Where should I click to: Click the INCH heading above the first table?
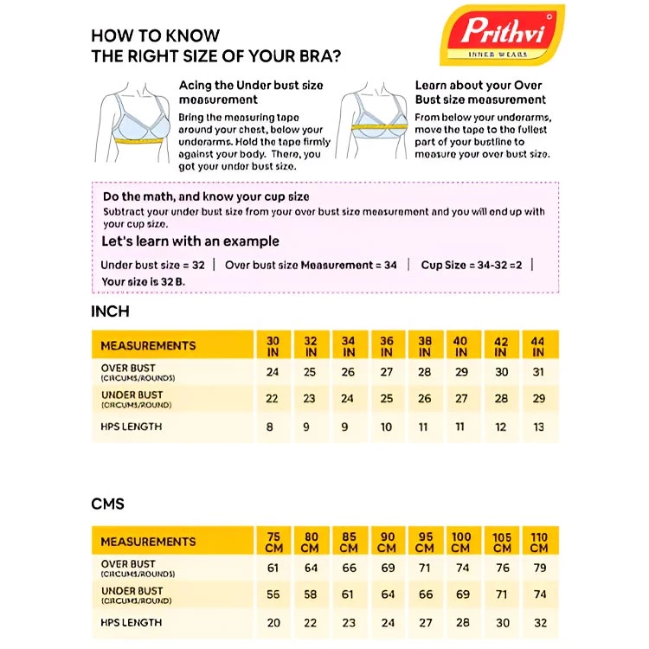[110, 312]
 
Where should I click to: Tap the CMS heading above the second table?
[108, 504]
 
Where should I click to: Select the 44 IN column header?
[538, 346]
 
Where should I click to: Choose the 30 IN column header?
[273, 346]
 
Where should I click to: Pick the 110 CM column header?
[539, 543]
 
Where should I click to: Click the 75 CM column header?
[273, 543]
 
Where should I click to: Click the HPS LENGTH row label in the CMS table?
[131, 622]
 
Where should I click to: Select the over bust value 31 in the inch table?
[538, 372]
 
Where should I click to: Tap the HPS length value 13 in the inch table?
[538, 427]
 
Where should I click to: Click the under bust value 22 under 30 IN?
[273, 399]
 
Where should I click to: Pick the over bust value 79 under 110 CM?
[539, 568]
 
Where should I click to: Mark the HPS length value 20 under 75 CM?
[273, 622]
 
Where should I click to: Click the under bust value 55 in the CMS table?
[273, 595]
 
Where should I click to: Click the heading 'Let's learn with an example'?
[190, 241]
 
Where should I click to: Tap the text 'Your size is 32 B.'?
[144, 281]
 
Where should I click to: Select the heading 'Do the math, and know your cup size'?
[206, 196]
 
